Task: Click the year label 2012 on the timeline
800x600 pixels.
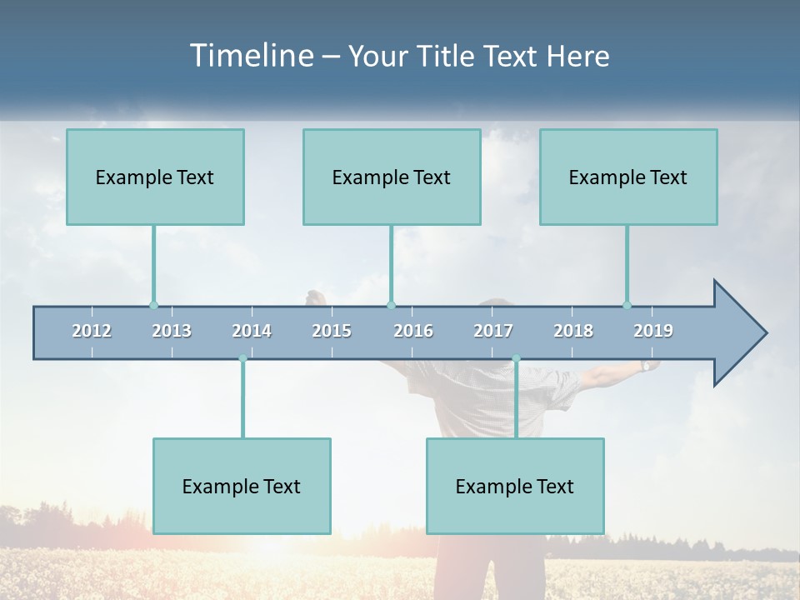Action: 92,331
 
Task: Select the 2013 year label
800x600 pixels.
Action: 172,331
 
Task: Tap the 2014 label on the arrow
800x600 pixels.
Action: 252,331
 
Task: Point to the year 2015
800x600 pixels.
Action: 332,331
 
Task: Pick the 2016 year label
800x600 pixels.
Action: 413,331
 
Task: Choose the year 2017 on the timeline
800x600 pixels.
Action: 493,331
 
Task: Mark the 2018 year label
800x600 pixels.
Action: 573,331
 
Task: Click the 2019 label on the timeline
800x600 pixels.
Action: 653,331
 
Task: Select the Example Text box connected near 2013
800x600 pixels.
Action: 155,177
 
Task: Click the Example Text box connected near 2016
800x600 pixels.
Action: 392,177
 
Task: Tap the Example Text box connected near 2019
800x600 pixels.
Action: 628,177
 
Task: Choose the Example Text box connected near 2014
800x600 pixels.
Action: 242,486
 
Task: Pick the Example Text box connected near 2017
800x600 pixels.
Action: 515,486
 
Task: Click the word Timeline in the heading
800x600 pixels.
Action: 252,55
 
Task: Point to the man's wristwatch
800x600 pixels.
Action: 646,365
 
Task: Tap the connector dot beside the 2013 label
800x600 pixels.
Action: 153,305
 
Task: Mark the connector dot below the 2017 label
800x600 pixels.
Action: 516,359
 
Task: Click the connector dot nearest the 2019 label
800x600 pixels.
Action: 627,305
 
